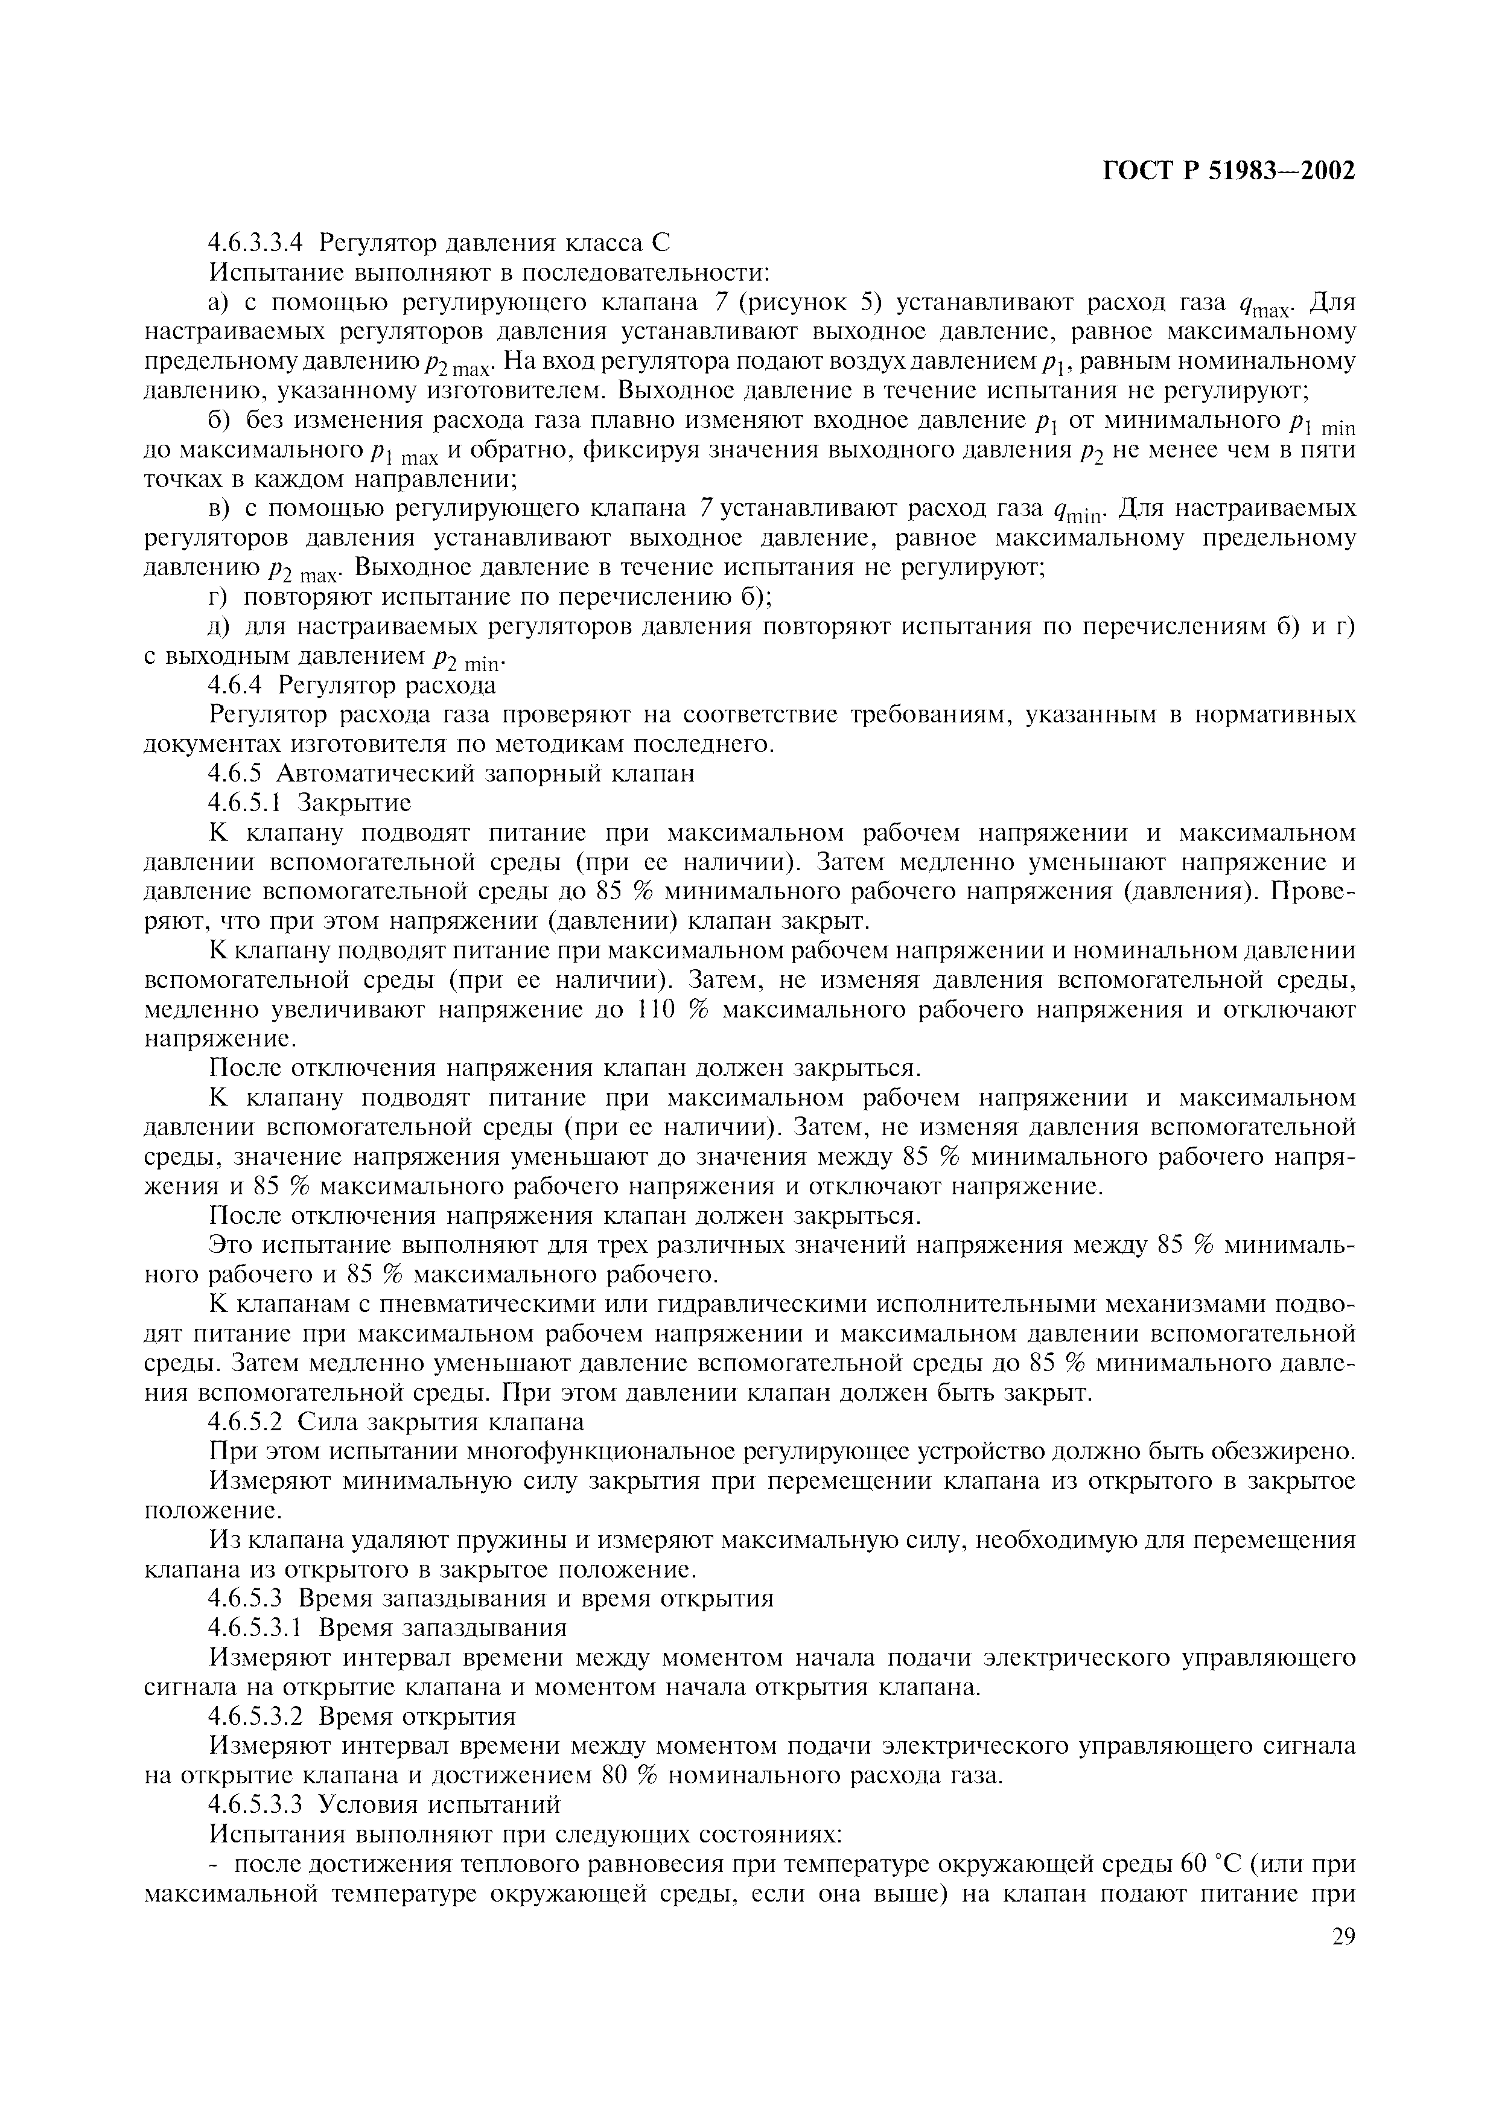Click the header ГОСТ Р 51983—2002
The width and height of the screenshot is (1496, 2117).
(1229, 171)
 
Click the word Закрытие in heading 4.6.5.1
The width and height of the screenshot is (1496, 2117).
(354, 802)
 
